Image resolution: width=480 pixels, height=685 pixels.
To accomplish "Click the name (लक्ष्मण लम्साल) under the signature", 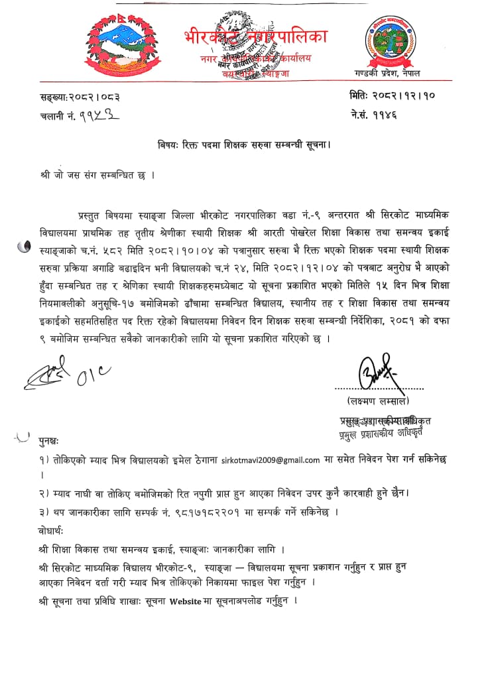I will (x=377, y=402).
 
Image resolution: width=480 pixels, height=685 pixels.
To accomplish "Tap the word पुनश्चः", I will (x=48, y=440).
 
